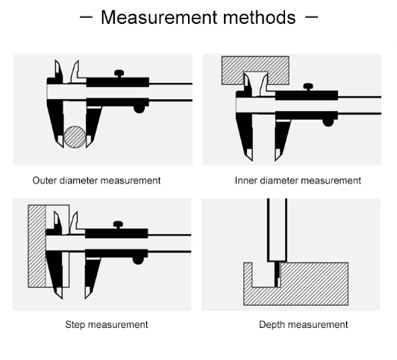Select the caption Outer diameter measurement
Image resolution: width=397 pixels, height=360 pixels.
96,180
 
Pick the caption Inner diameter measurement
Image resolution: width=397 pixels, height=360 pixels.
298,180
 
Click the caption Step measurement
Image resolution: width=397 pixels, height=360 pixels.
106,324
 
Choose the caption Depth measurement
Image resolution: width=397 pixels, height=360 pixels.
303,324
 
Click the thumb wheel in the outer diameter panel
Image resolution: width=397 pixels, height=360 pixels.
140,109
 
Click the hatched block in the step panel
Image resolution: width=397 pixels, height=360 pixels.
36,246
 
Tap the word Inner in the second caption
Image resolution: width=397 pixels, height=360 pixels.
246,180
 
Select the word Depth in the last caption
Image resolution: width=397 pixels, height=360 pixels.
272,324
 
